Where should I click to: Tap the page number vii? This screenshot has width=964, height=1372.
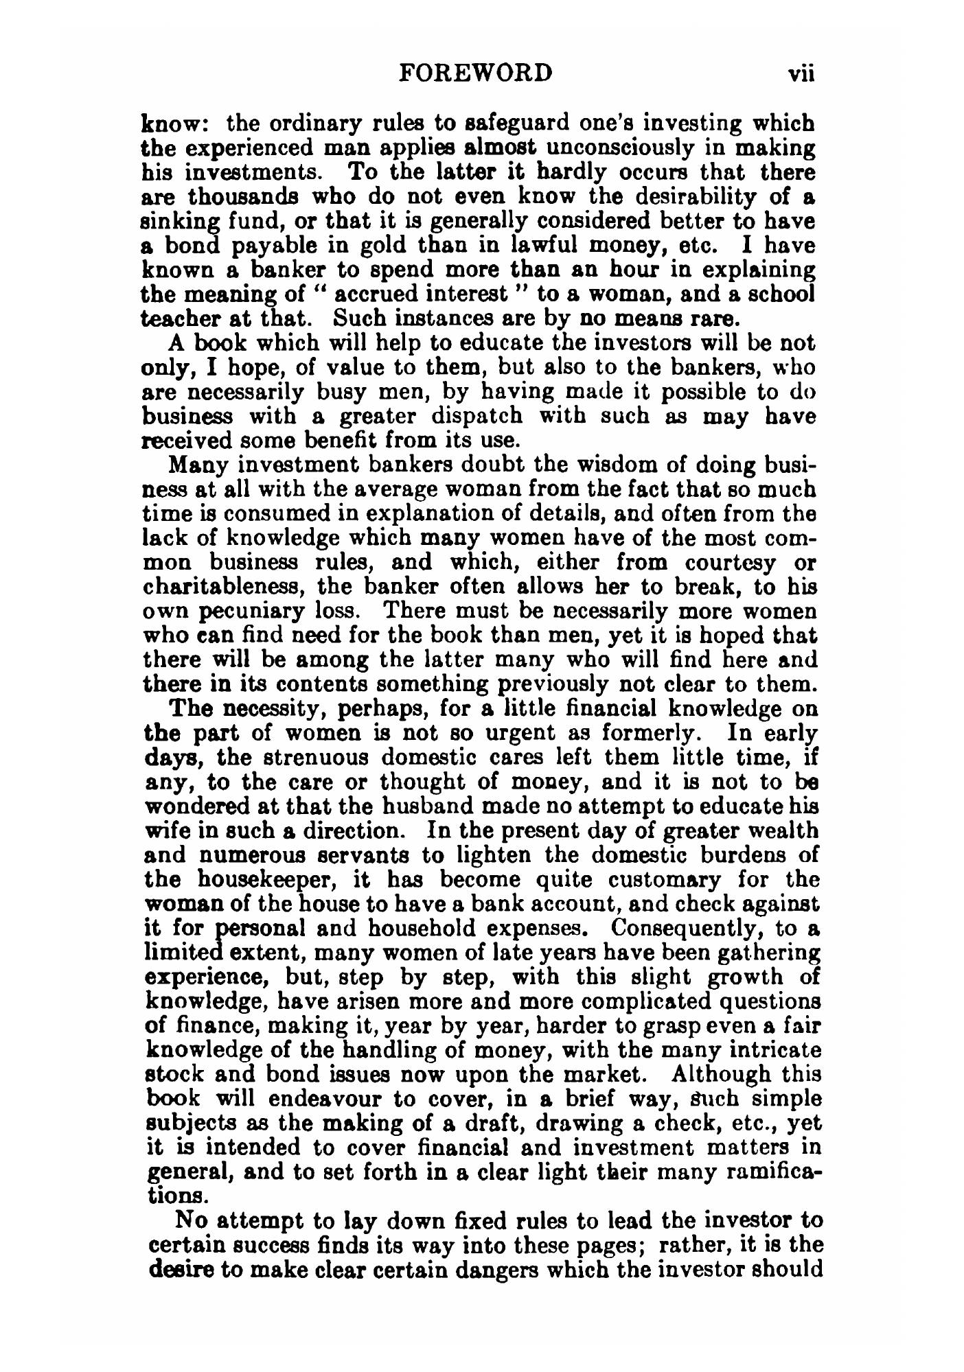(800, 73)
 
